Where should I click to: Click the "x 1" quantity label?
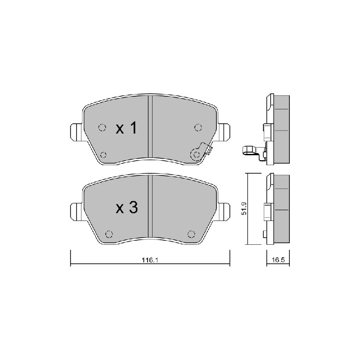point(126,128)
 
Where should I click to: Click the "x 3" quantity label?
point(126,207)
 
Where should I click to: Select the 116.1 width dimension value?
point(150,260)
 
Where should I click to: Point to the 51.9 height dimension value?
point(244,208)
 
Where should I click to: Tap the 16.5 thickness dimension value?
point(278,260)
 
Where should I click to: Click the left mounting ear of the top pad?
point(76,132)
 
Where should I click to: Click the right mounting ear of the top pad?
point(224,132)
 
